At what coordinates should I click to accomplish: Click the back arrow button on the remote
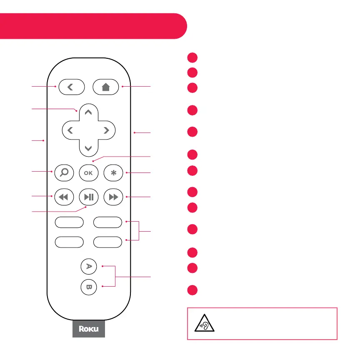[x=72, y=87]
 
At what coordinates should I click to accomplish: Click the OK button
[x=88, y=173]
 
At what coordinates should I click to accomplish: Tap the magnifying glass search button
[x=64, y=173]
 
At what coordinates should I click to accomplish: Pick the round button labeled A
[x=88, y=266]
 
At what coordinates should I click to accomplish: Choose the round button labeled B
[x=88, y=286]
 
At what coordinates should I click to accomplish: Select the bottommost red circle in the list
[x=192, y=290]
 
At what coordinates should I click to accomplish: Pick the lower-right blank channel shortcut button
[x=107, y=241]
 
